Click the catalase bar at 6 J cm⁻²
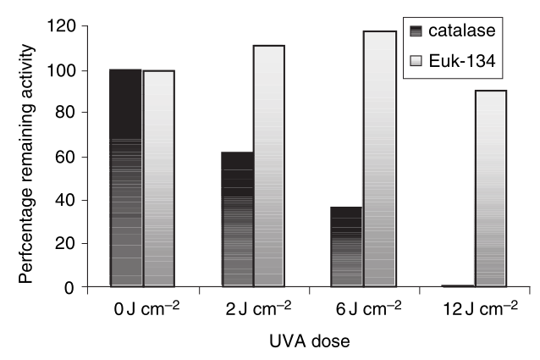pyautogui.click(x=346, y=246)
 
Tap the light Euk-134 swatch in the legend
pyautogui.click(x=414, y=60)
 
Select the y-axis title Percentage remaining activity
pyautogui.click(x=25, y=157)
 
